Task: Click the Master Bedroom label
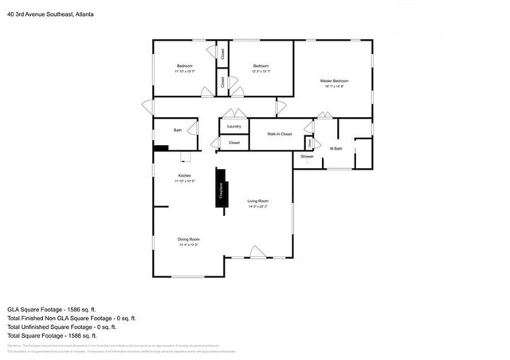(334, 81)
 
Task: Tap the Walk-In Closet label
(279, 134)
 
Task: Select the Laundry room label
(233, 127)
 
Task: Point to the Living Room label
(257, 201)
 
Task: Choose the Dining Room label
(188, 239)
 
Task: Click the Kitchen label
(184, 175)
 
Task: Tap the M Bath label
(337, 149)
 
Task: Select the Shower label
(307, 156)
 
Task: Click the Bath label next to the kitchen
(178, 130)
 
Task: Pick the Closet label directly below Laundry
(234, 143)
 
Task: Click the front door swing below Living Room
(257, 252)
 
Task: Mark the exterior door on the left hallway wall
(147, 107)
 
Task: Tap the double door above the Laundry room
(234, 114)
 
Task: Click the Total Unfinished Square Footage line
(61, 327)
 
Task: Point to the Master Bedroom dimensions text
(334, 87)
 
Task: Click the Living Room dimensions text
(257, 206)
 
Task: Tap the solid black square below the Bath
(160, 147)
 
